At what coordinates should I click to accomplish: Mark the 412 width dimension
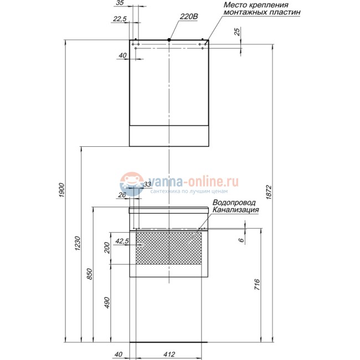170,354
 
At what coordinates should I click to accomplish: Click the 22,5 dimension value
119,19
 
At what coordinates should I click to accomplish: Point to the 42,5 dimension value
122,241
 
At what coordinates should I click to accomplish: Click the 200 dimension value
107,248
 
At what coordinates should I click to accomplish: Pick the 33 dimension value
147,184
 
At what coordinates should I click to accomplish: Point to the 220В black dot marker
168,39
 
